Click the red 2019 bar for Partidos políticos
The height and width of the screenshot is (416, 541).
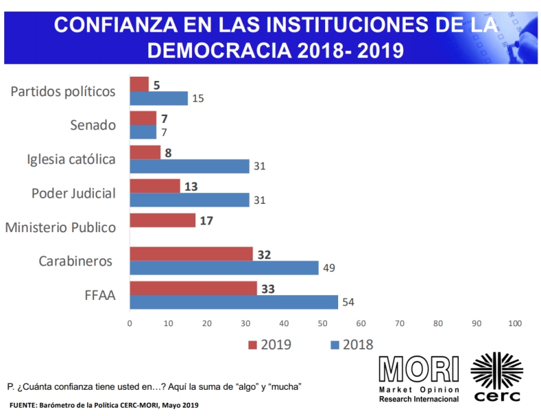point(139,84)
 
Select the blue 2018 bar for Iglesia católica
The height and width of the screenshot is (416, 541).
point(189,167)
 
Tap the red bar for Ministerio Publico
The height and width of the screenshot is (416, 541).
point(162,220)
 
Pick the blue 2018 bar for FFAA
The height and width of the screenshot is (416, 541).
point(233,302)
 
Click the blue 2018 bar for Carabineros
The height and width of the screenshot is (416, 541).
point(224,267)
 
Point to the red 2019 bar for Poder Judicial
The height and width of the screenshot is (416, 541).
point(155,186)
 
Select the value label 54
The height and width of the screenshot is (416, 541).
point(348,303)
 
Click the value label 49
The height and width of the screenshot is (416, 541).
point(329,268)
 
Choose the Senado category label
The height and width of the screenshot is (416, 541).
point(93,125)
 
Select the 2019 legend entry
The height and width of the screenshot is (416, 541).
point(270,345)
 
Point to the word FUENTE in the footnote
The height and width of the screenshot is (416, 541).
point(23,405)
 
